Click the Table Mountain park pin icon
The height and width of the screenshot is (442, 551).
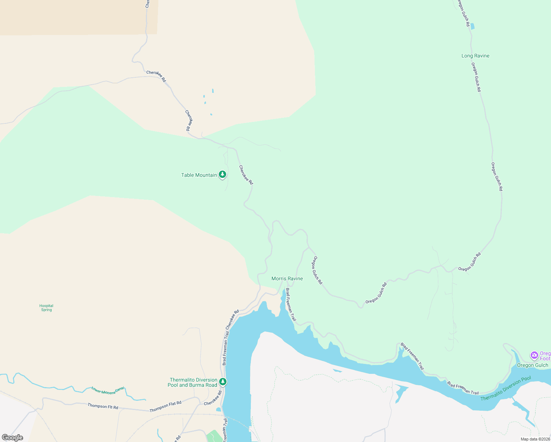222,174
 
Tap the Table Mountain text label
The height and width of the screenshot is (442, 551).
199,175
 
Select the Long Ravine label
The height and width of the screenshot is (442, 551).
475,56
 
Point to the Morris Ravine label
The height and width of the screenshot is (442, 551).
287,278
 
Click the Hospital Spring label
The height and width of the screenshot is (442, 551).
46,308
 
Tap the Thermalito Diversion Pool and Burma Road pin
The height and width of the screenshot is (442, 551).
222,382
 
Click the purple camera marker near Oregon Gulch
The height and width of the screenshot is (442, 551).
534,355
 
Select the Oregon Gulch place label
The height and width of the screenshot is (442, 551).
532,365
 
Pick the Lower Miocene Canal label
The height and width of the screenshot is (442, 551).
108,390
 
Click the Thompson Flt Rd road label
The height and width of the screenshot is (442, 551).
103,406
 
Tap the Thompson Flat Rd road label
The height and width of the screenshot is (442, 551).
165,407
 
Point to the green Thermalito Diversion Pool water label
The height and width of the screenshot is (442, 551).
505,388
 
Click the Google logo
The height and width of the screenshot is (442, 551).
13,438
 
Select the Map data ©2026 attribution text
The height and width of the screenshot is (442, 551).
535,439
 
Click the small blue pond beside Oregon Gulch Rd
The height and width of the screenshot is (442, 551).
472,26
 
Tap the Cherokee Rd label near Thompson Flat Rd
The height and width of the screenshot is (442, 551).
213,398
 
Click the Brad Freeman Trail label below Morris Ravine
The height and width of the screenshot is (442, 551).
291,304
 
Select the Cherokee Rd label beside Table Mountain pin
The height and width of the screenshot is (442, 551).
246,175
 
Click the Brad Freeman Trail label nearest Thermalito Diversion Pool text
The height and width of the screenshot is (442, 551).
463,388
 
